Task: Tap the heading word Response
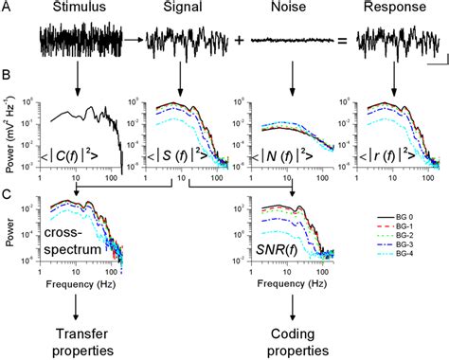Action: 391,10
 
